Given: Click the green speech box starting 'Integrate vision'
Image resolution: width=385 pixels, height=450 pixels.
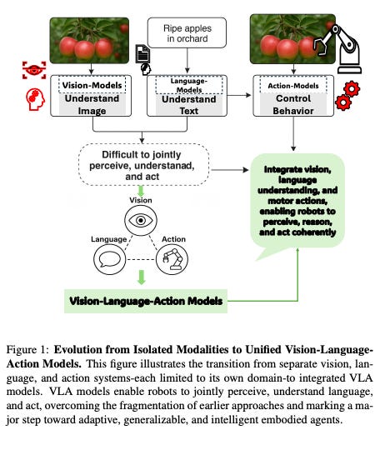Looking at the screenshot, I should click(300, 200).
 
